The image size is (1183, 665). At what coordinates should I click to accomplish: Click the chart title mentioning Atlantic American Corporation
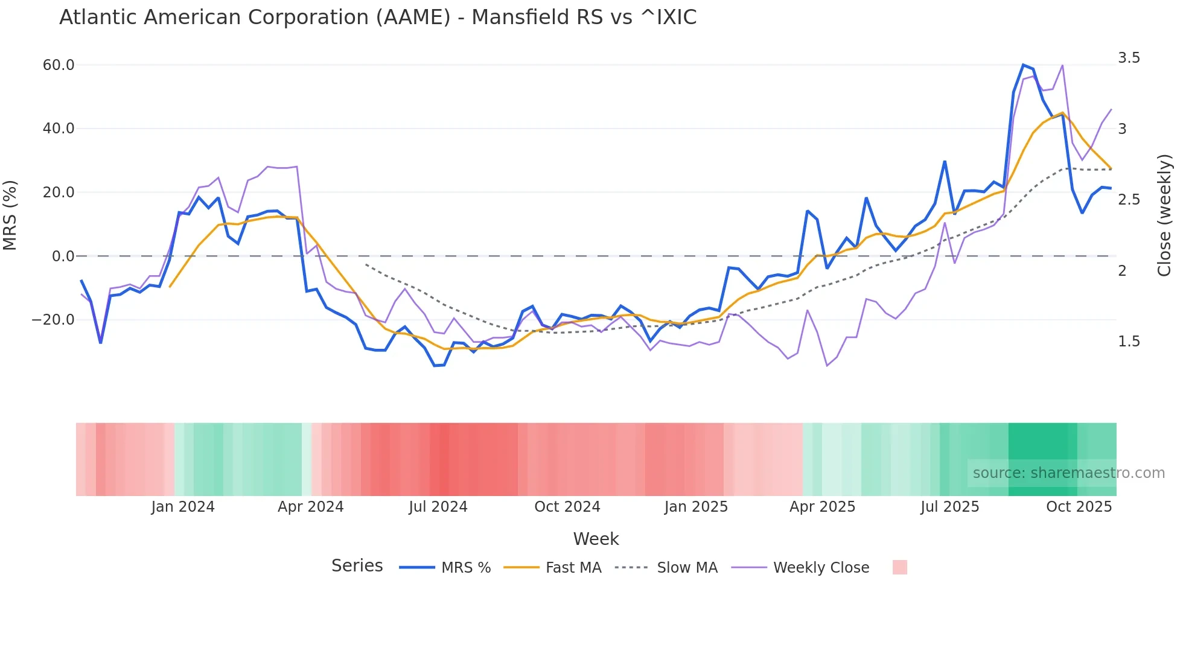[378, 17]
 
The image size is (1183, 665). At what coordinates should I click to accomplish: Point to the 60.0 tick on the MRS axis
[59, 65]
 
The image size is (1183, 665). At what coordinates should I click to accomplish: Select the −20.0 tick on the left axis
[54, 320]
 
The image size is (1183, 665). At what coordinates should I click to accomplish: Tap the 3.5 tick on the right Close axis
[1129, 58]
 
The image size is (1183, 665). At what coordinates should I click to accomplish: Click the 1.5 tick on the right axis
[1129, 342]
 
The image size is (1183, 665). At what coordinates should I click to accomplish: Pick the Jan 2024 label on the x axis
[183, 507]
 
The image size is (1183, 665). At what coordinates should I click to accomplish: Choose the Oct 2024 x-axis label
[567, 507]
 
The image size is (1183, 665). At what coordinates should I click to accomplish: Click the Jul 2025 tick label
[949, 507]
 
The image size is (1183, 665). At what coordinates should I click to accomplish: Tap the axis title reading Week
[596, 539]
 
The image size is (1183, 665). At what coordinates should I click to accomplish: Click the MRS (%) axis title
[10, 215]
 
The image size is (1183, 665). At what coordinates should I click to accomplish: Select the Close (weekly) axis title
[1164, 215]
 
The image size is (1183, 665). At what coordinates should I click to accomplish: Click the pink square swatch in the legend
[899, 567]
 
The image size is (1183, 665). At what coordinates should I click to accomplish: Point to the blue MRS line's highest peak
[1023, 65]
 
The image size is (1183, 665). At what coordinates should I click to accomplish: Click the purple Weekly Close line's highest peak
[1062, 65]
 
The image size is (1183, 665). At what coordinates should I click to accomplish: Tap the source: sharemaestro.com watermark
[1068, 473]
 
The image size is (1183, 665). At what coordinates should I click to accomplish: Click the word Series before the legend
[357, 566]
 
